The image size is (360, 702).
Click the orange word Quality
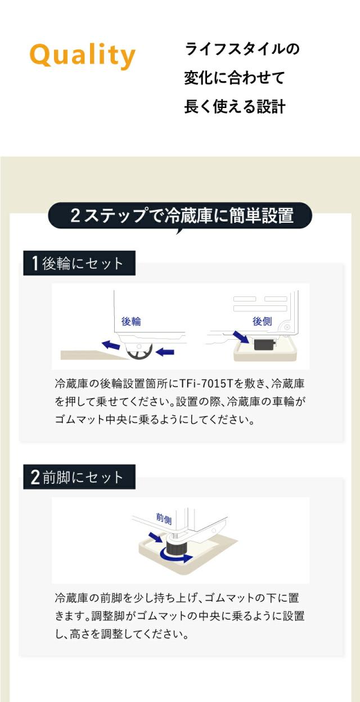[x=82, y=55]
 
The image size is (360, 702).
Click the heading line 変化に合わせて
[x=234, y=78]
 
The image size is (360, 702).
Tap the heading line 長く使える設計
[x=235, y=107]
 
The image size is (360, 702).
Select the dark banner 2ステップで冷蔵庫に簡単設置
[x=180, y=215]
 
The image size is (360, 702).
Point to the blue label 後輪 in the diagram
[x=131, y=321]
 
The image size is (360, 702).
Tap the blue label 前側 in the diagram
[x=164, y=517]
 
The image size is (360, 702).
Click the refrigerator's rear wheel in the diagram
[x=138, y=352]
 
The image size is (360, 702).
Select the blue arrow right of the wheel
[x=165, y=352]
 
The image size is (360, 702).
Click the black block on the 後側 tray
[x=263, y=344]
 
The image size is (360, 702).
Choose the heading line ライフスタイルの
[x=242, y=49]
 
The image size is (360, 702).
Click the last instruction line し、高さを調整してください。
[x=121, y=634]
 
